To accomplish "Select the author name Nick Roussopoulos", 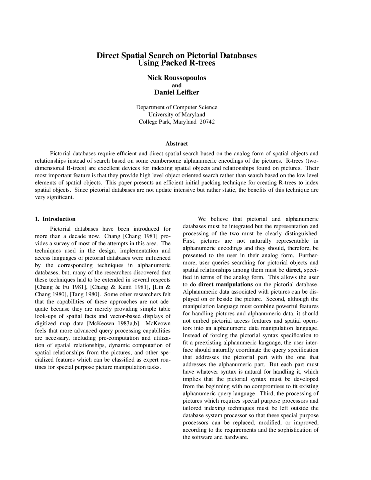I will tap(177, 78).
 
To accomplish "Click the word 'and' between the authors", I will tap(177, 85).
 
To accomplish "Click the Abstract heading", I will tap(177, 143).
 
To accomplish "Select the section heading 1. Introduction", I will tap(55, 219).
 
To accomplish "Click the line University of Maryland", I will tap(177, 114).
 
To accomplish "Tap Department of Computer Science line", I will tap(177, 107).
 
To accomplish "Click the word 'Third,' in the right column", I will tap(267, 394).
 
